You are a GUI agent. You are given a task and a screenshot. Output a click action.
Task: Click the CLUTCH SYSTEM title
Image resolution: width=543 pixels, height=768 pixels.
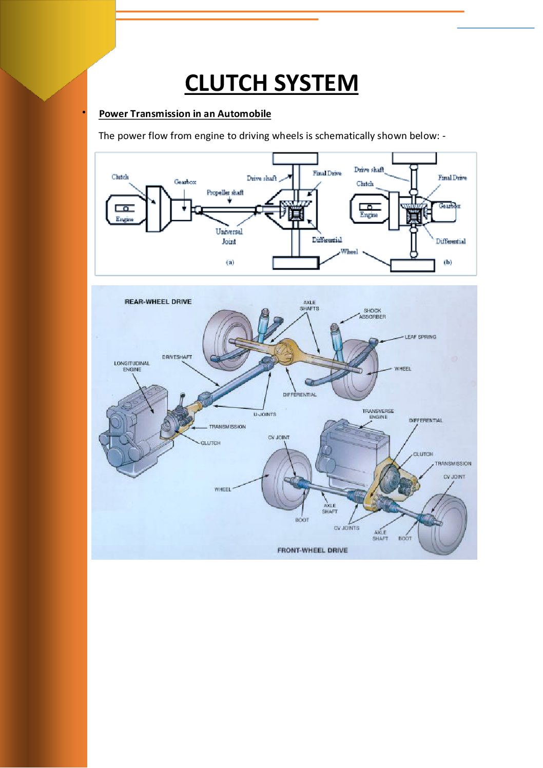pyautogui.click(x=271, y=83)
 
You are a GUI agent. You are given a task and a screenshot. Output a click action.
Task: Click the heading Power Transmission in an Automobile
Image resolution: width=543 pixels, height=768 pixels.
pyautogui.click(x=185, y=114)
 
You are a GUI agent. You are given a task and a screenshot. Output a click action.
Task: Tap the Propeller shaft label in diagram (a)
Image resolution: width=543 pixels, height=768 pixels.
pyautogui.click(x=225, y=193)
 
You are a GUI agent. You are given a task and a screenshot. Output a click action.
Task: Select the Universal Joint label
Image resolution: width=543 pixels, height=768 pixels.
pyautogui.click(x=229, y=237)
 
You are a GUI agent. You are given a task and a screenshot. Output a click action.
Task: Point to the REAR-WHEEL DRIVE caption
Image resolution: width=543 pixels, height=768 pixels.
pyautogui.click(x=158, y=302)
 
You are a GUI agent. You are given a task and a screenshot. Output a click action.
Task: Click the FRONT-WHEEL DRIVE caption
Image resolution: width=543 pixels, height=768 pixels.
pyautogui.click(x=312, y=550)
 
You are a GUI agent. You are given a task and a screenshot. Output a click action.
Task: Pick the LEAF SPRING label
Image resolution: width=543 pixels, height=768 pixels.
pyautogui.click(x=420, y=337)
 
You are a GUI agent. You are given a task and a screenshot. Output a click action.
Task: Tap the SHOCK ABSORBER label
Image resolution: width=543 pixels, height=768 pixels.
pyautogui.click(x=372, y=313)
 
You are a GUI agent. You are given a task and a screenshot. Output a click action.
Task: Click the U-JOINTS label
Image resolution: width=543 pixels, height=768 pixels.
pyautogui.click(x=264, y=414)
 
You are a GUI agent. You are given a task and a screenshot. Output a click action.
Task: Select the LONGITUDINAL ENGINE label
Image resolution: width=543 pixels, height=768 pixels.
pyautogui.click(x=132, y=366)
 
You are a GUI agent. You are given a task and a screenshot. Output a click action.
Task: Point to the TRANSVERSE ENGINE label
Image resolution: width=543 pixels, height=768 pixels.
pyautogui.click(x=378, y=414)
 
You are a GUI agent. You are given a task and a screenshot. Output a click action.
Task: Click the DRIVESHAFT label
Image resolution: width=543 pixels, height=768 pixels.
pyautogui.click(x=177, y=357)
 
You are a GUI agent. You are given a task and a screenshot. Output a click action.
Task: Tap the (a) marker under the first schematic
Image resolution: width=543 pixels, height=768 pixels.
pyautogui.click(x=230, y=262)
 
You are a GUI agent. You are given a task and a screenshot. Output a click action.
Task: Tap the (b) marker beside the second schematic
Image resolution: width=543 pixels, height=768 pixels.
pyautogui.click(x=448, y=262)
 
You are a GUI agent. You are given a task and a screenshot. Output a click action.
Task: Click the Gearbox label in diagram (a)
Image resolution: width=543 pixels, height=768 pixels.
pyautogui.click(x=185, y=182)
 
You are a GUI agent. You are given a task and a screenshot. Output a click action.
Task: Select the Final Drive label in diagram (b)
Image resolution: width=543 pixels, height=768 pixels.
pyautogui.click(x=452, y=178)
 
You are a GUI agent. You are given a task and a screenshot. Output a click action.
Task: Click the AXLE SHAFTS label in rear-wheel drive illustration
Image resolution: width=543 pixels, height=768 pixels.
pyautogui.click(x=309, y=306)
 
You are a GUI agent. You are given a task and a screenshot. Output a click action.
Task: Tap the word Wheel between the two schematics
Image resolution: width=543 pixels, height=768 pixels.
pyautogui.click(x=348, y=251)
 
